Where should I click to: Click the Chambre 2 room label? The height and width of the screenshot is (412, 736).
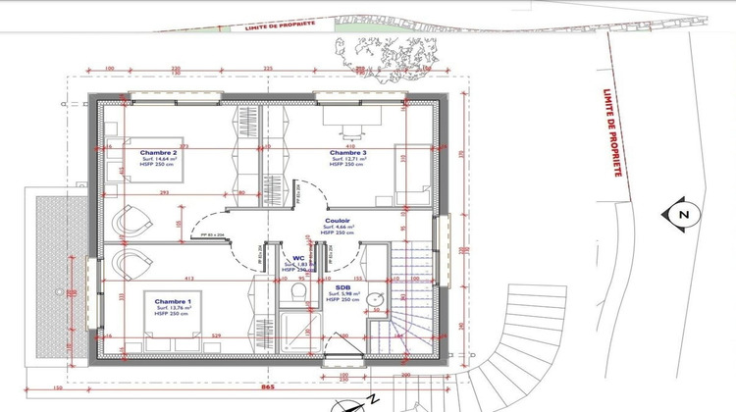click(x=158, y=153)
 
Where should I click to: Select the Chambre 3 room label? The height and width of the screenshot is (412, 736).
click(x=347, y=153)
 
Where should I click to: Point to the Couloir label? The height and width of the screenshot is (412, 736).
click(x=340, y=222)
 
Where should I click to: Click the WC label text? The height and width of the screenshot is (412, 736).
click(x=296, y=259)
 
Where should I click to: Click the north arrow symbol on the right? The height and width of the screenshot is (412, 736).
click(x=678, y=215)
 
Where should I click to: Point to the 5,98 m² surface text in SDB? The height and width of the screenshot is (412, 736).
click(x=344, y=294)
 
